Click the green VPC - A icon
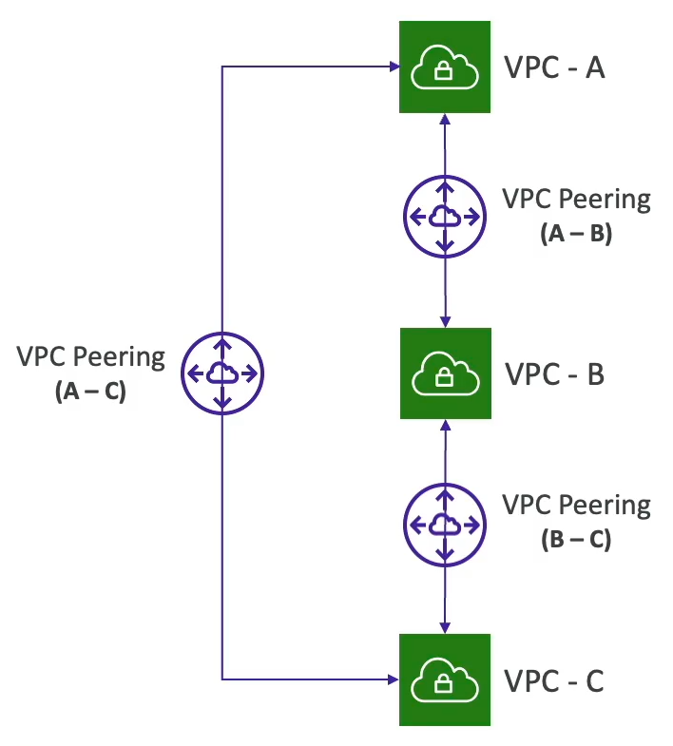point(445,67)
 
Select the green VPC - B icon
point(445,373)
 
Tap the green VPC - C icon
point(445,679)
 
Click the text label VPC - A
point(553,68)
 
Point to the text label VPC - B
point(553,374)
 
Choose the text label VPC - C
point(553,681)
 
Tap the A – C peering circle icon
point(221,373)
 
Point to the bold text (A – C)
point(91,390)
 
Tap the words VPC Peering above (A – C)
point(91,358)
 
